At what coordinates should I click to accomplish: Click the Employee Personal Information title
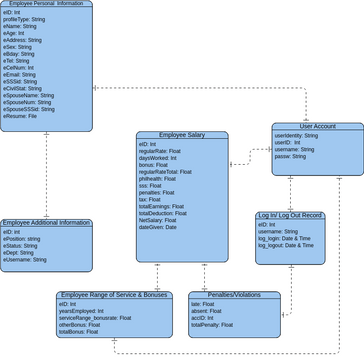46,4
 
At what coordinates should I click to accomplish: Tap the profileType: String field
29,18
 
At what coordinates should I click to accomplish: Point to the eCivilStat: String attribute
28,88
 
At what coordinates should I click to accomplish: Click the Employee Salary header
181,135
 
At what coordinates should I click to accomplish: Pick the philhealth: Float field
161,178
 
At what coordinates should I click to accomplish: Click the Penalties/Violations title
234,296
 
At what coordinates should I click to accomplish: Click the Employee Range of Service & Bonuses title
114,296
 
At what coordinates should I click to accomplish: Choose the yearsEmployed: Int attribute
83,311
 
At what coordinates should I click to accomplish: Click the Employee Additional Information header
46,223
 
